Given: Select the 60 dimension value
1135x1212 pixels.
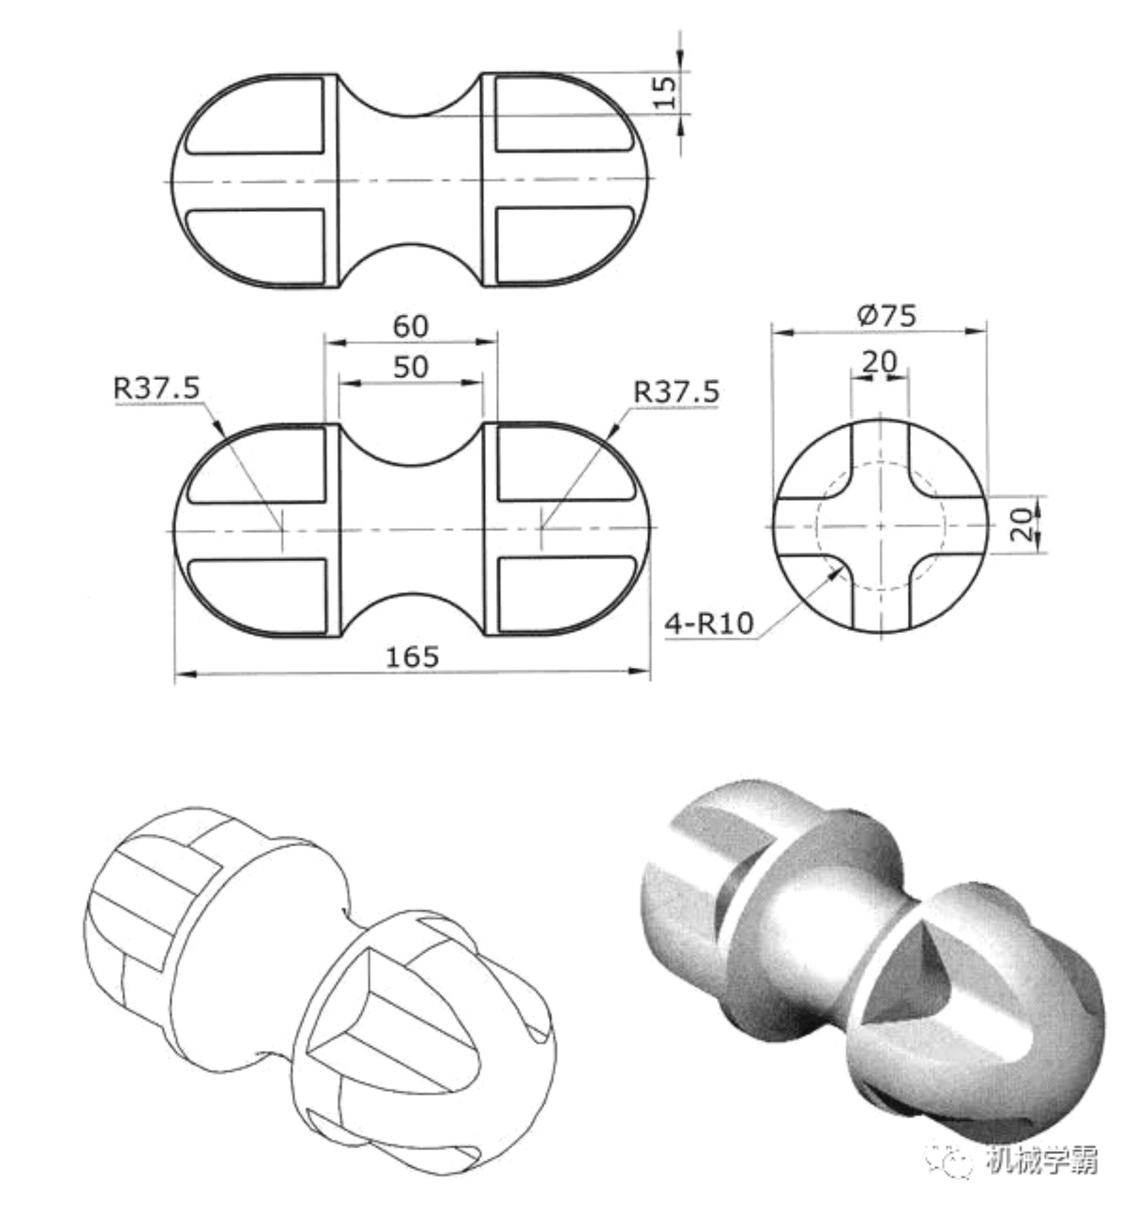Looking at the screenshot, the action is [410, 327].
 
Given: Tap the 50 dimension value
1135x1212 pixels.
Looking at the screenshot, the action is [410, 367].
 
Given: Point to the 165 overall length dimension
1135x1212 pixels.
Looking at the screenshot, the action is [412, 657].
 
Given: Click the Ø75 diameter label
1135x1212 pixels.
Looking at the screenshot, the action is [887, 316].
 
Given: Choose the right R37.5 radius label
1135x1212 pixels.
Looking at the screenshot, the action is [676, 392].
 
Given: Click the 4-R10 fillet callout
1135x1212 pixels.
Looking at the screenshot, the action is [710, 624].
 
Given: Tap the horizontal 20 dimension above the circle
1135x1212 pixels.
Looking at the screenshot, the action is [879, 363].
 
